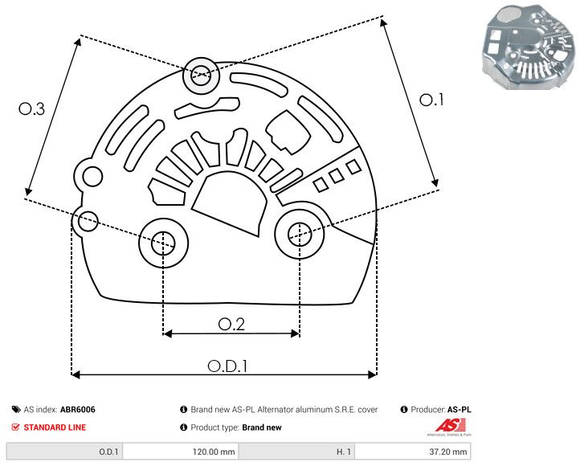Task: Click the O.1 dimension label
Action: (x=431, y=100)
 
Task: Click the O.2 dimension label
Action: (x=231, y=324)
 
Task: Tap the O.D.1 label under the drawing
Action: (x=227, y=366)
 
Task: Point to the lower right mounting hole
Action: (x=300, y=234)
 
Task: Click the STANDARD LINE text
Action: (x=55, y=427)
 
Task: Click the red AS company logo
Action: (x=446, y=427)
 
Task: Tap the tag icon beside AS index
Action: (x=16, y=410)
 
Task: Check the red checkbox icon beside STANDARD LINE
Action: (x=16, y=427)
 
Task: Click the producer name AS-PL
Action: (x=460, y=410)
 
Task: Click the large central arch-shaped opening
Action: (x=232, y=202)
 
